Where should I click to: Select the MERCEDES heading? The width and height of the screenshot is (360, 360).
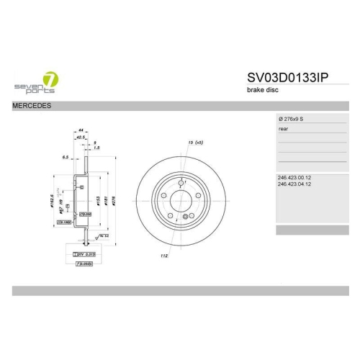point(31,107)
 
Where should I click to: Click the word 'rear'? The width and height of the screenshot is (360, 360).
point(283,130)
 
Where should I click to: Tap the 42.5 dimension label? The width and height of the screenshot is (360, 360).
point(81,138)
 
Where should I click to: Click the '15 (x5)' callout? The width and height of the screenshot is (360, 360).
point(193,143)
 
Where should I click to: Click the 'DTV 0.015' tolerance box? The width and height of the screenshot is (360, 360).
point(86,254)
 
